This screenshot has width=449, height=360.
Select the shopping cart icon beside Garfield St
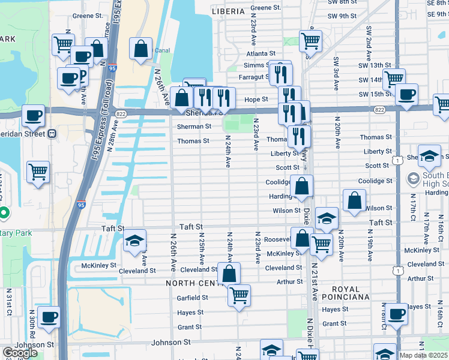239,296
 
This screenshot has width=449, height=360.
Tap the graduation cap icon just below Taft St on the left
134,241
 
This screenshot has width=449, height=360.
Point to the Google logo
20,353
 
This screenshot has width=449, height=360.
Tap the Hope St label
256,99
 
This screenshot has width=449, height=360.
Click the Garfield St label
192,298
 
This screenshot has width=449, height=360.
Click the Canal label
161,50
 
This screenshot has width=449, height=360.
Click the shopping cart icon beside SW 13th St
394,79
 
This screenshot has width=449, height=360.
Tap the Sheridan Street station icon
52,133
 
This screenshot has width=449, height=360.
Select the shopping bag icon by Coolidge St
302,187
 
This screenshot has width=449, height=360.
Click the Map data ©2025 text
424,355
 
